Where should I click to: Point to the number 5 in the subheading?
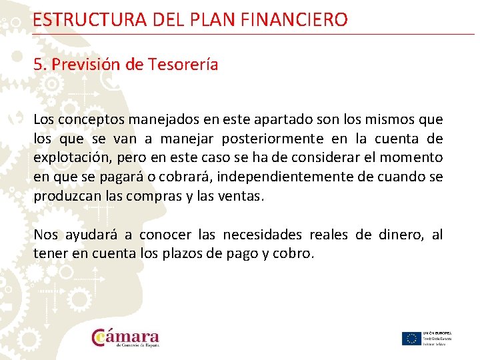(37, 65)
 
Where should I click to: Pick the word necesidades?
(261, 235)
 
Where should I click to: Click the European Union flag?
(411, 338)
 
